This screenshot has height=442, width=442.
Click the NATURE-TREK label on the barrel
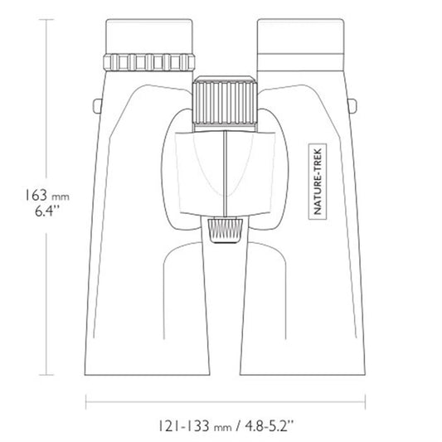point(318,182)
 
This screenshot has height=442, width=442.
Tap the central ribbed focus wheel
point(225,103)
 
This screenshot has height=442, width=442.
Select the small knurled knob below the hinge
point(226,230)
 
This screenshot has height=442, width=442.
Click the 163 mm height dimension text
point(47,195)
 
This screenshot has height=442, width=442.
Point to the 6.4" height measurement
point(47,211)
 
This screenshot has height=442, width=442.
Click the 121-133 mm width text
point(195,425)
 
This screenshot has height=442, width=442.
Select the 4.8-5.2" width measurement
point(270,425)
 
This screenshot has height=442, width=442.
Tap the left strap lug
point(97,106)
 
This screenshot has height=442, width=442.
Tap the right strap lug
point(352,106)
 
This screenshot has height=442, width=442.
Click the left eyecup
point(149,36)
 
